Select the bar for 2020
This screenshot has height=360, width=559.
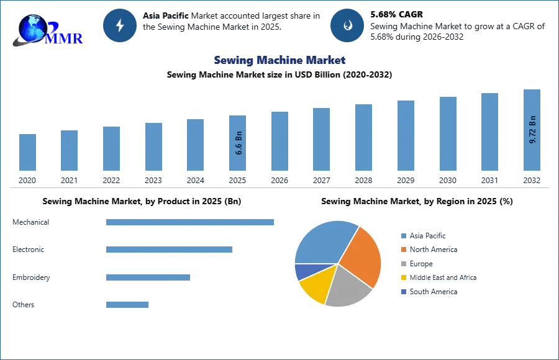click(27, 152)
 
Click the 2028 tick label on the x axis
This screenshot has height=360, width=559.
click(363, 180)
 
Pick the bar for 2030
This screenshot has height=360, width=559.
click(447, 133)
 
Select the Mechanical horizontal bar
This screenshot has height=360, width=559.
click(189, 222)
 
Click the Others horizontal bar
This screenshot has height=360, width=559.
click(127, 305)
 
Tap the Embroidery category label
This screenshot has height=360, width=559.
click(31, 277)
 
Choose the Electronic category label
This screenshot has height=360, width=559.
click(29, 250)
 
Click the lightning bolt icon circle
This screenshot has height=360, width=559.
click(120, 25)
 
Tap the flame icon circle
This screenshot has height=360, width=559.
click(347, 25)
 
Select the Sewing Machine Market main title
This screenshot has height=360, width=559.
click(279, 60)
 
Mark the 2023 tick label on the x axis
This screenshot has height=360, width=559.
click(153, 180)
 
